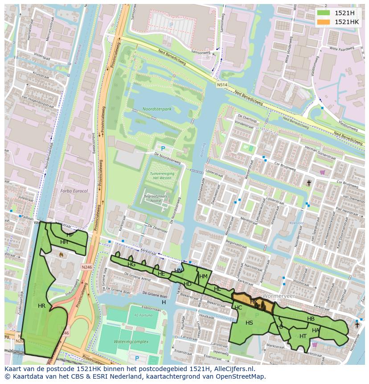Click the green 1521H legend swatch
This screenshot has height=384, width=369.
click(324, 13)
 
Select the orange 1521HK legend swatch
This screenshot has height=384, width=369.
click(324, 22)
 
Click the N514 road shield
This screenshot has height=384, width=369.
click(222, 85)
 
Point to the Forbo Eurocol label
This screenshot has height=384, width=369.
click(74, 191)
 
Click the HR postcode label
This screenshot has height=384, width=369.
click(41, 306)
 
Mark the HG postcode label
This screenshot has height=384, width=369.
click(131, 264)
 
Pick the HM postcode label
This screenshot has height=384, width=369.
click(203, 277)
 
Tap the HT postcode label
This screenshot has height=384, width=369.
click(303, 336)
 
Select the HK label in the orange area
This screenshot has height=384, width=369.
click(254, 302)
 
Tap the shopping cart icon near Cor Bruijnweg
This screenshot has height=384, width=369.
click(322, 172)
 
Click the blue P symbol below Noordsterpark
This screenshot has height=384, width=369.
click(163, 149)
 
